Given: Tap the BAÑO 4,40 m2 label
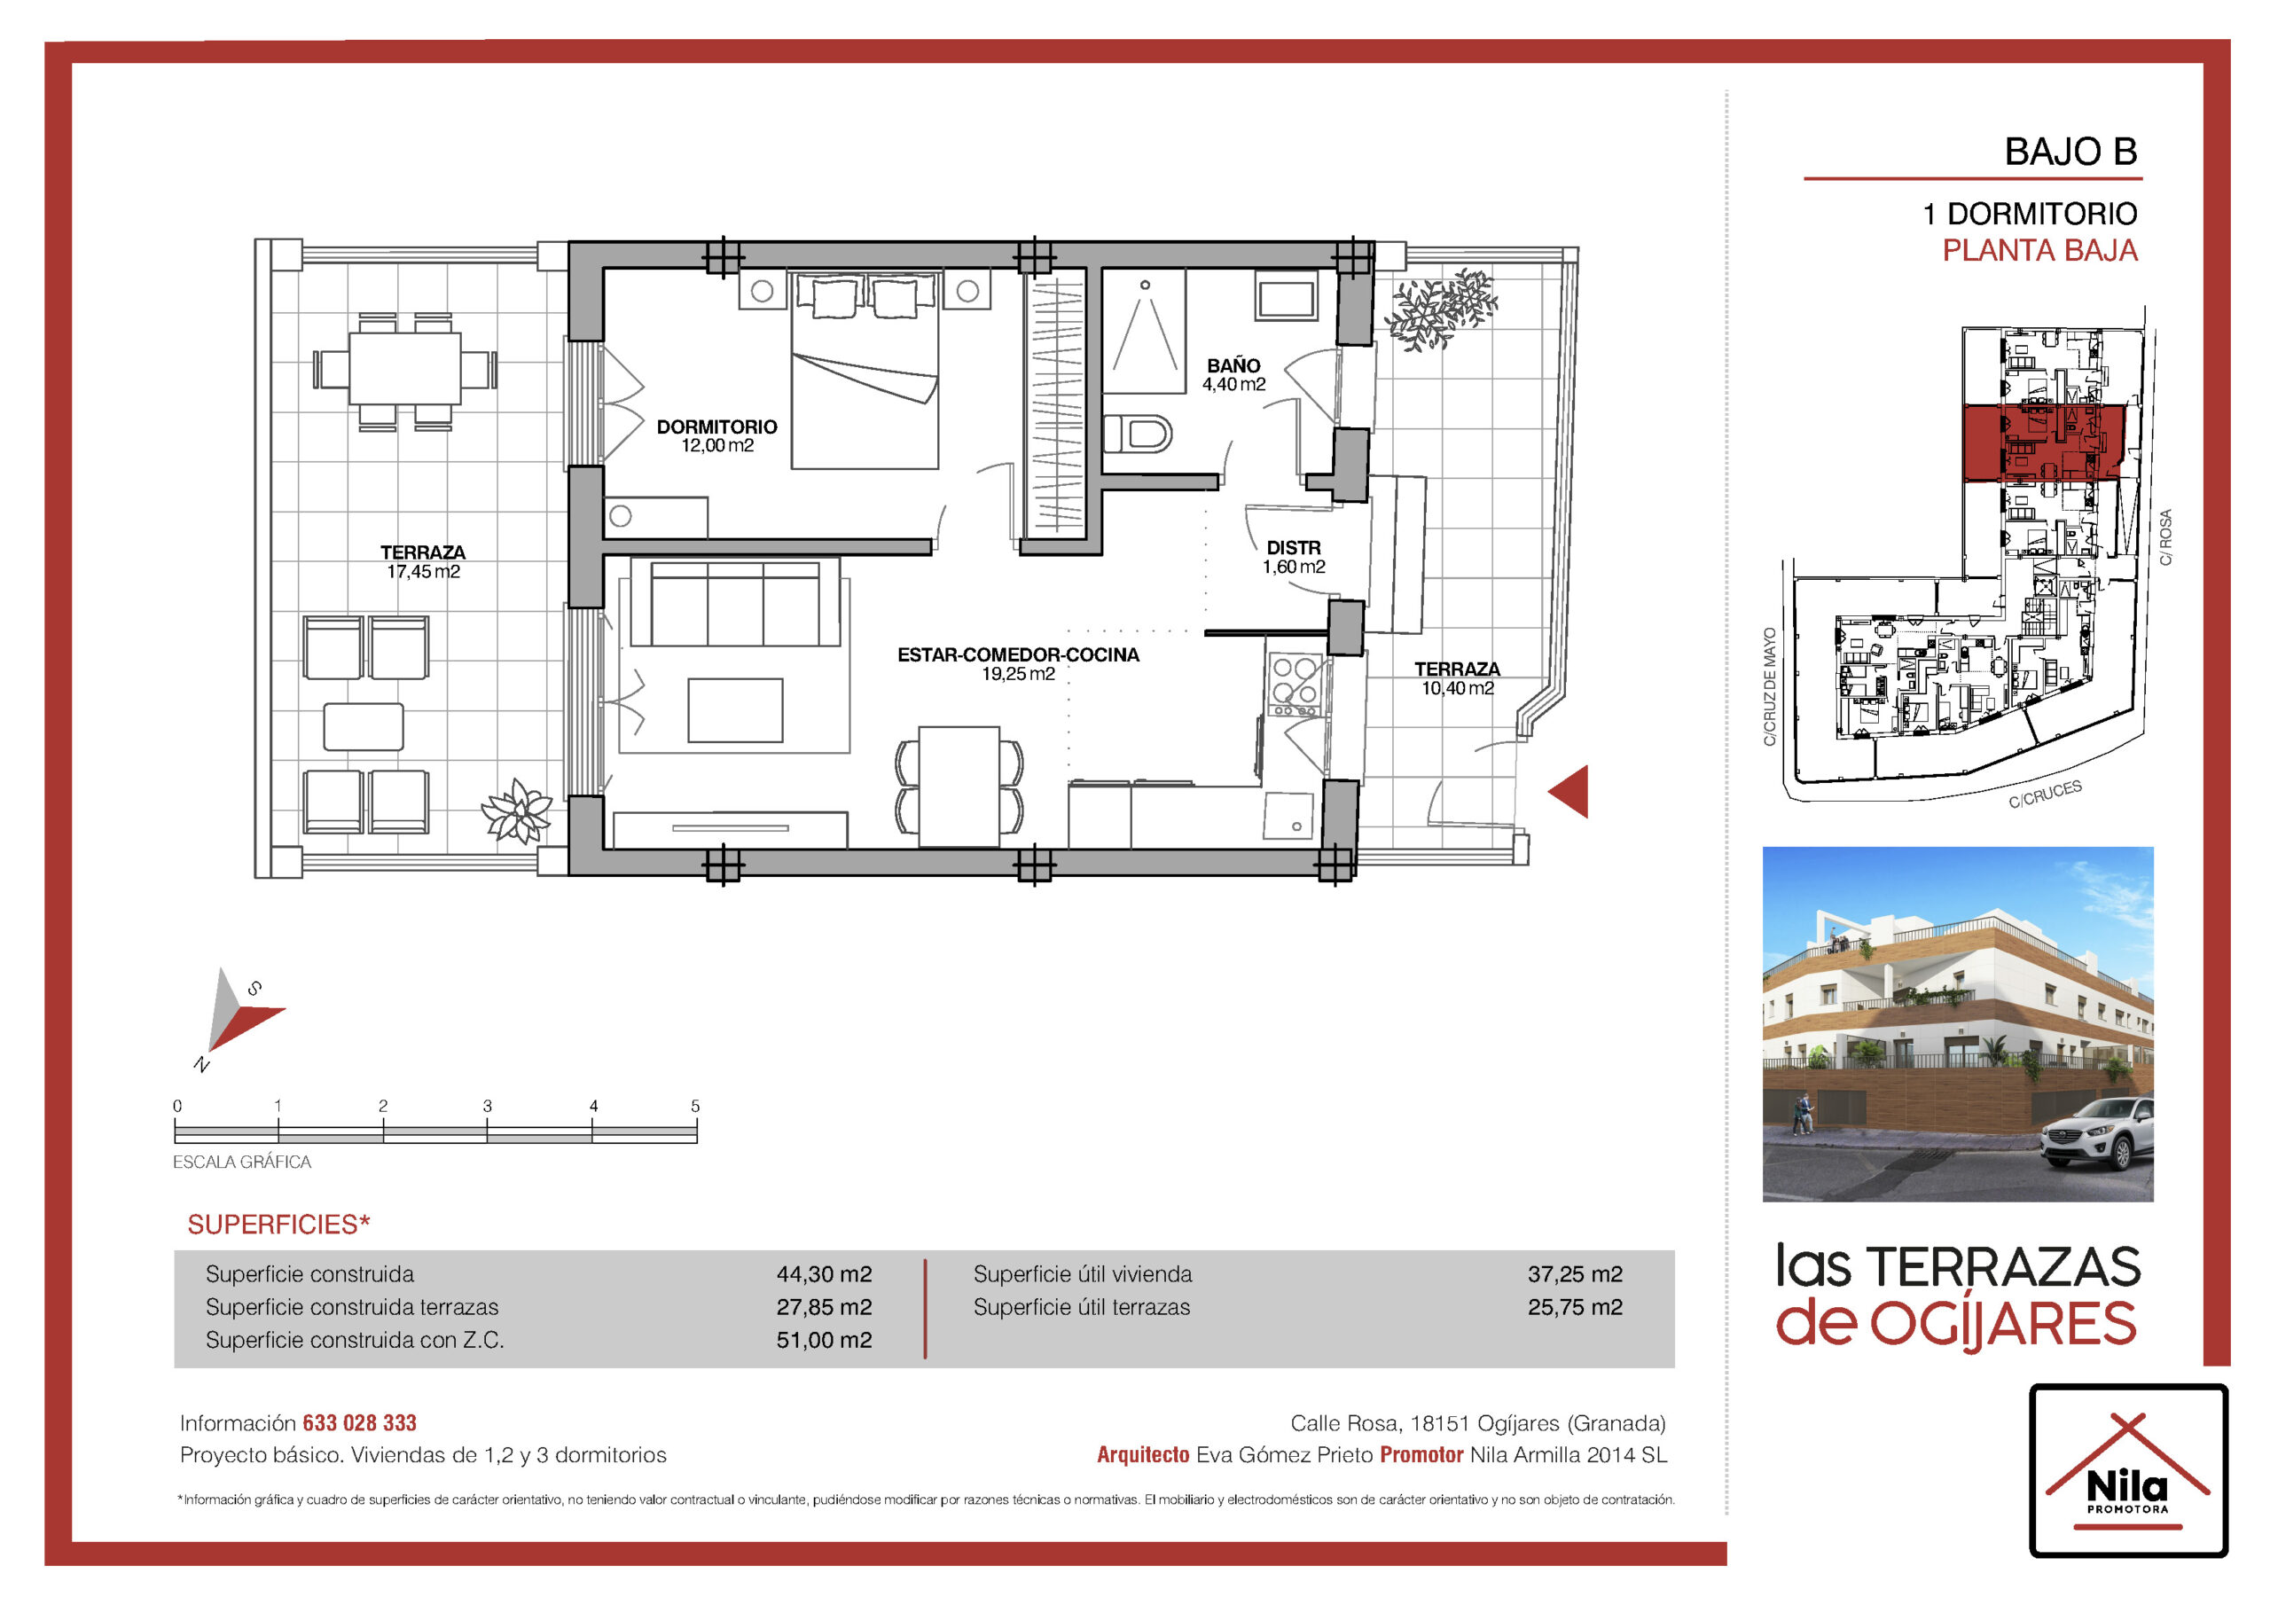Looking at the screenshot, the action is point(1233,375).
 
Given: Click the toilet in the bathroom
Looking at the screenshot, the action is point(1138,433).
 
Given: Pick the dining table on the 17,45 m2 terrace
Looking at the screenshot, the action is point(405,369).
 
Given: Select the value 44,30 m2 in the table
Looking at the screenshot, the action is point(824,1273).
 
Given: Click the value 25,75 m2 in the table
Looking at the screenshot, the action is point(1575,1307).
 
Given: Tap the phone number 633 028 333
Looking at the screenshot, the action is point(360,1423).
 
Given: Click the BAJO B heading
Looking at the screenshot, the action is point(2070,152).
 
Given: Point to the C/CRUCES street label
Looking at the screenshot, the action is point(2045,795).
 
